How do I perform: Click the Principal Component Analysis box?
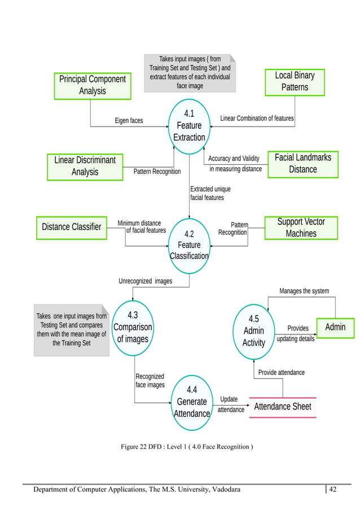point(93,85)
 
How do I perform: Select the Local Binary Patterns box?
point(295,81)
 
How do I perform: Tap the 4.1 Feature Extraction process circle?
point(189,125)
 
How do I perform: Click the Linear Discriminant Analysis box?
point(85,166)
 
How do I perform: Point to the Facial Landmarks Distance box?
point(302,163)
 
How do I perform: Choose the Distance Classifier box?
point(71,227)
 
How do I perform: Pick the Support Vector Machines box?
point(301,228)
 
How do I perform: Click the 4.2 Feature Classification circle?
point(189,245)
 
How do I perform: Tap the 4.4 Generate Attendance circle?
point(192,402)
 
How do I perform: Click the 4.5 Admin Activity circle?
point(253,331)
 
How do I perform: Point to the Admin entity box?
point(335,327)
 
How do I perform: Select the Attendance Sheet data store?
point(283,407)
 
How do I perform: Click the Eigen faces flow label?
point(129,120)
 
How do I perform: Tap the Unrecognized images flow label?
point(145,281)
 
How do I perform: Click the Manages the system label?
point(304,291)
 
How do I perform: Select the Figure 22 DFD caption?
point(187,447)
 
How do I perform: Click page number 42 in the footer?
point(332,489)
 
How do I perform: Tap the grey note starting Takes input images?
point(190,72)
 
